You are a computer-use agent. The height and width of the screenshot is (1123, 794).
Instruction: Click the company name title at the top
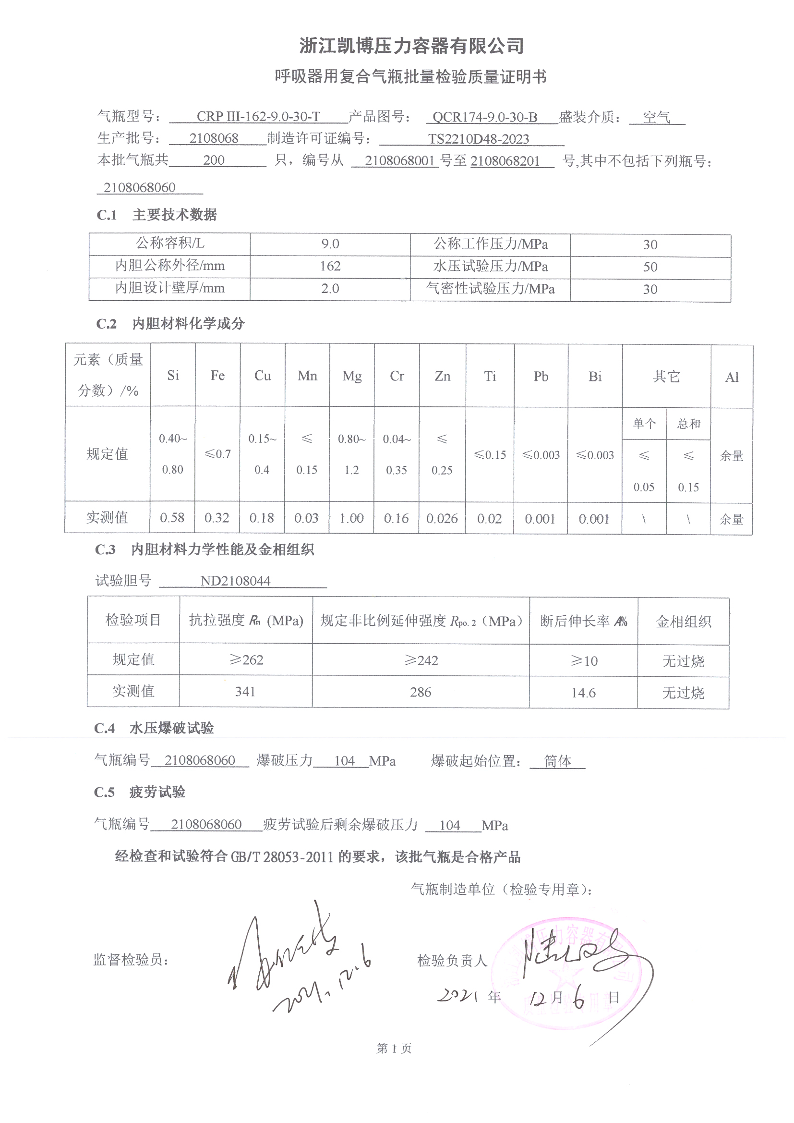pyautogui.click(x=411, y=46)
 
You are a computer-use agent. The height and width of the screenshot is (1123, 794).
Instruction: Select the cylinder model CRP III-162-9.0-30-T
pyautogui.click(x=258, y=116)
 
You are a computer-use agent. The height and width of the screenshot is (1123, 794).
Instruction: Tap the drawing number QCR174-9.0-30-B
pyautogui.click(x=484, y=117)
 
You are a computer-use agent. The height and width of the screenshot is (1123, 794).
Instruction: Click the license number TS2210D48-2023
pyautogui.click(x=478, y=139)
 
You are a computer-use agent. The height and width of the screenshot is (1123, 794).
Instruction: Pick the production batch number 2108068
pyautogui.click(x=214, y=138)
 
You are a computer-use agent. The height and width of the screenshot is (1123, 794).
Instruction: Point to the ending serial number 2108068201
pyautogui.click(x=505, y=161)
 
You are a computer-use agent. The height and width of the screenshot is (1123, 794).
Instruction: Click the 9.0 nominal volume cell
pyautogui.click(x=330, y=244)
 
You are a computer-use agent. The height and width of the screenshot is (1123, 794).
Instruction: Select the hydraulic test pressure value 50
pyautogui.click(x=650, y=267)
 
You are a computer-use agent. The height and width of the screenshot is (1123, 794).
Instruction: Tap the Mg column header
pyautogui.click(x=352, y=376)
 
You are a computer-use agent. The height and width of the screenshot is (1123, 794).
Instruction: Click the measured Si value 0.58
pyautogui.click(x=172, y=517)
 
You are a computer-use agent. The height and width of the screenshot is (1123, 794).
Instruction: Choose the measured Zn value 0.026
pyautogui.click(x=442, y=518)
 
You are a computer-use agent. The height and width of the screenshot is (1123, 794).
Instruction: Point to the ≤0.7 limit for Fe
pyautogui.click(x=217, y=454)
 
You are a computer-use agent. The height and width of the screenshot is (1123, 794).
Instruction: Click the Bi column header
pyautogui.click(x=594, y=376)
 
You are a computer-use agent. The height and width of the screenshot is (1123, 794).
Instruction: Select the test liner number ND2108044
pyautogui.click(x=235, y=581)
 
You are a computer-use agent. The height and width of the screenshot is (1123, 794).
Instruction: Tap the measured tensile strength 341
pyautogui.click(x=245, y=691)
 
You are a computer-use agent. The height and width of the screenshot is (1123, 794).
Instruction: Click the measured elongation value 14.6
pyautogui.click(x=583, y=693)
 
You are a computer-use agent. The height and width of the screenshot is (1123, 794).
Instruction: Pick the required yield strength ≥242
pyautogui.click(x=421, y=660)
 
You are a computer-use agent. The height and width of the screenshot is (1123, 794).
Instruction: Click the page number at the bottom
pyautogui.click(x=394, y=1048)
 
